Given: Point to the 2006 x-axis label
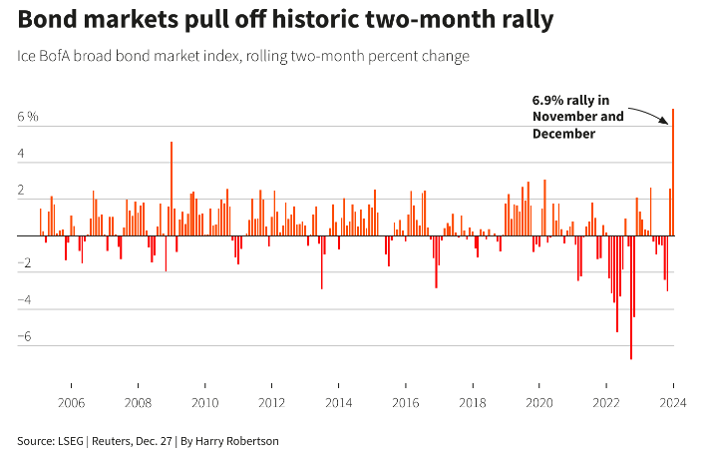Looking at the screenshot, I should click(71, 403).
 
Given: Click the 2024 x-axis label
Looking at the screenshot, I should click(674, 403).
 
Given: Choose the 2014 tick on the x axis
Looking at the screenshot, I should click(338, 403).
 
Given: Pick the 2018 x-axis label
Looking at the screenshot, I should click(472, 403).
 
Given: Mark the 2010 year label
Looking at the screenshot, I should click(204, 403).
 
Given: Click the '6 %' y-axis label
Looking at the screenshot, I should click(28, 118).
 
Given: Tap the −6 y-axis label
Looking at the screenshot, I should click(28, 337).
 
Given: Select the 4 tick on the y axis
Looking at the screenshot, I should click(22, 155).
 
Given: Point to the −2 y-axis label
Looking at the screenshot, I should click(28, 264).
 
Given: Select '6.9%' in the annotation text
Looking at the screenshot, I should click(549, 100).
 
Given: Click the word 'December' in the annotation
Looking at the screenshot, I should click(563, 133).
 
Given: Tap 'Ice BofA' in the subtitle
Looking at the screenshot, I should click(43, 56).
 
